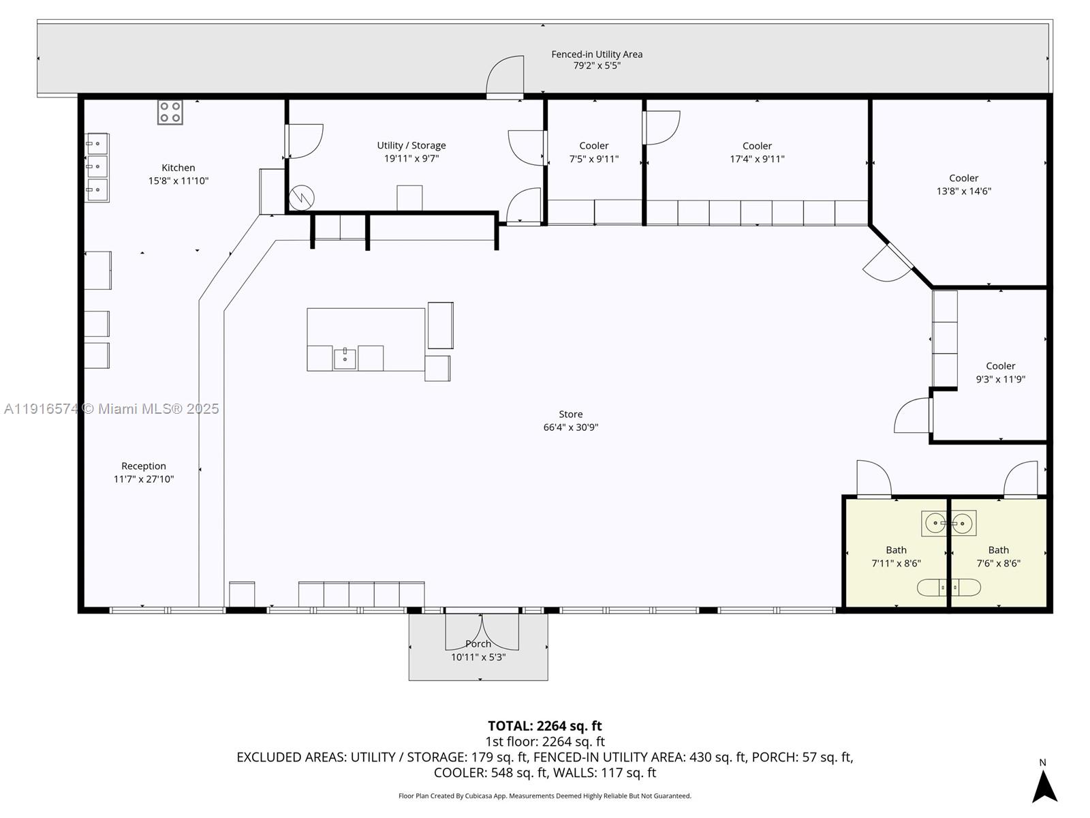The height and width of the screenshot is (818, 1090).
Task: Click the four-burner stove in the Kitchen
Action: tap(170, 112)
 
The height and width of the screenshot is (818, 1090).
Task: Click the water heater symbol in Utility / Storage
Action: tap(301, 198)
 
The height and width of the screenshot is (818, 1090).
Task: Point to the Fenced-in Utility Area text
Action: tap(597, 54)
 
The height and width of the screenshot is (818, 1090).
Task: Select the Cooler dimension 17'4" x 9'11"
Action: tap(757, 159)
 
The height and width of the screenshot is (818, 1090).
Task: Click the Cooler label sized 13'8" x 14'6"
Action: tap(963, 184)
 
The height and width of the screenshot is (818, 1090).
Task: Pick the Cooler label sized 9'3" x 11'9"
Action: tap(1000, 372)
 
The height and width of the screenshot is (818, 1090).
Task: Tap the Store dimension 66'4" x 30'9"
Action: tap(571, 427)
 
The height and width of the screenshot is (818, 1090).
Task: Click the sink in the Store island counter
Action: tap(345, 358)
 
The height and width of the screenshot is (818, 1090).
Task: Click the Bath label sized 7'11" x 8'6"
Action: tap(896, 556)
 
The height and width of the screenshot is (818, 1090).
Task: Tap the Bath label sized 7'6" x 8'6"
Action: tap(998, 556)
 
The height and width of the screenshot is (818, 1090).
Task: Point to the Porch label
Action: tap(478, 644)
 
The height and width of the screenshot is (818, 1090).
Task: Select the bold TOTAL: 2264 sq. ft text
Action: tap(544, 726)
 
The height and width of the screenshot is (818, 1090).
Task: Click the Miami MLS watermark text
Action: tap(112, 408)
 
